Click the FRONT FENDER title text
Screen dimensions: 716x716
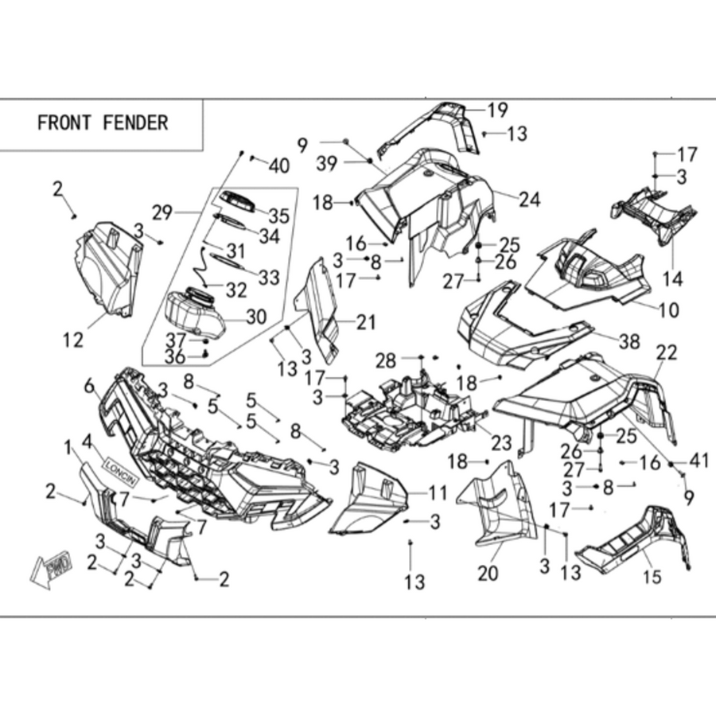pos(103,123)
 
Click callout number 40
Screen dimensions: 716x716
pos(279,165)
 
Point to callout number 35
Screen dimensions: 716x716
pos(279,216)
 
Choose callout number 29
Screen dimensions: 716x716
pos(162,212)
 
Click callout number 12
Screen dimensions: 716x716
pos(73,340)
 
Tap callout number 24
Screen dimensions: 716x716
pos(530,200)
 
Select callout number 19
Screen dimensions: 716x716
pos(498,110)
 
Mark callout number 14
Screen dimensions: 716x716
pos(673,278)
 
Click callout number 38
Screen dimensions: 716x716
pos(630,341)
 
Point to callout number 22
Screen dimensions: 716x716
pos(667,352)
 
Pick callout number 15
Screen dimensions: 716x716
pos(652,578)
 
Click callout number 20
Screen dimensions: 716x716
pos(488,574)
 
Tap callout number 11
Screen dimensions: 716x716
pos(438,493)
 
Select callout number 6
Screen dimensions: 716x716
pos(89,387)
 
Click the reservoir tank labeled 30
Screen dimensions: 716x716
pos(194,313)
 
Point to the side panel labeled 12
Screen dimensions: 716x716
pos(107,270)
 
